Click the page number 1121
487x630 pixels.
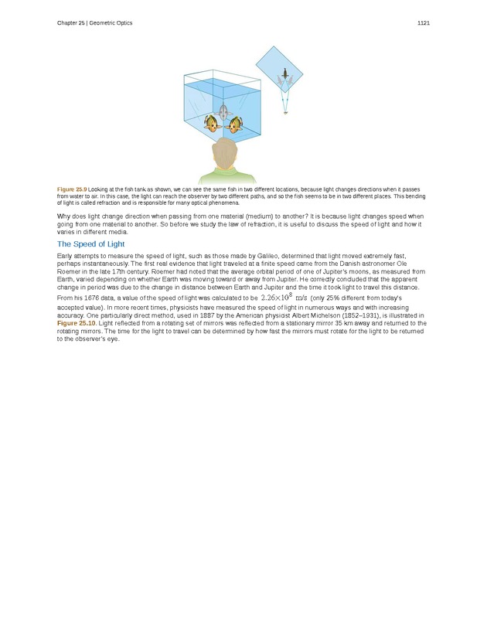[x=423, y=23]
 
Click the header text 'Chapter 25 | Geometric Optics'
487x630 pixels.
[x=94, y=23]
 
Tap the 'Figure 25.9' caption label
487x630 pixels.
[x=71, y=189]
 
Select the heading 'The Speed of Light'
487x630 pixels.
[x=90, y=244]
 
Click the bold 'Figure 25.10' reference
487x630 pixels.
[x=77, y=323]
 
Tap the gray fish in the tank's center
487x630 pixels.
[x=223, y=114]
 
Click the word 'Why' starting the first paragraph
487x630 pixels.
[x=64, y=216]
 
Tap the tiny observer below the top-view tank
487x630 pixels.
[x=285, y=112]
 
